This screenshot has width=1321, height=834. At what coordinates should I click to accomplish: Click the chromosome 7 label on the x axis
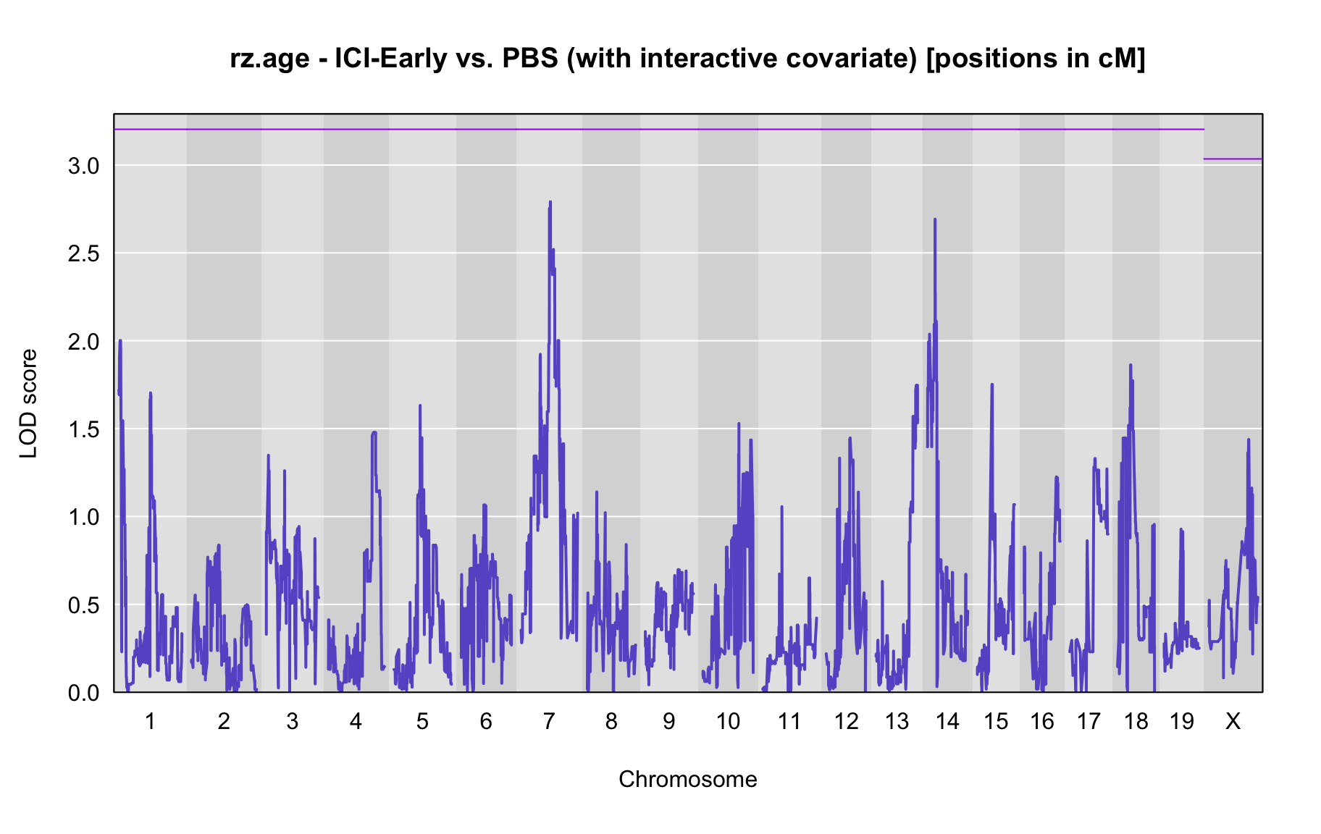(x=549, y=721)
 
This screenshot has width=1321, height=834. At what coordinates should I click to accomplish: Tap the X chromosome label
(x=1233, y=721)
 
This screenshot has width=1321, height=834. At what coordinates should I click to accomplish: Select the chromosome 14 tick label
(x=947, y=721)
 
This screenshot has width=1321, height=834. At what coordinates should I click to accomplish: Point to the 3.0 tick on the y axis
(x=83, y=166)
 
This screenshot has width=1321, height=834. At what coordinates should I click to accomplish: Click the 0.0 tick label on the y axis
(x=83, y=693)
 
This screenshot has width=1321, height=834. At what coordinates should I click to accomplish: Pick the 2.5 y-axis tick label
(x=83, y=253)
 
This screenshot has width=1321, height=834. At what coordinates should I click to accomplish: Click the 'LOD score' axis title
(x=29, y=403)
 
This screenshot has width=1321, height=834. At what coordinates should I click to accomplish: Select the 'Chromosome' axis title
(x=688, y=780)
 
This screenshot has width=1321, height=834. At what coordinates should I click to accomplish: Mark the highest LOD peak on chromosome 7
(x=550, y=202)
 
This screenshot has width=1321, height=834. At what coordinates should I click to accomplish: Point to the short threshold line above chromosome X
(x=1233, y=159)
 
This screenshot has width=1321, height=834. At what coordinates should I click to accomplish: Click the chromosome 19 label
(x=1181, y=721)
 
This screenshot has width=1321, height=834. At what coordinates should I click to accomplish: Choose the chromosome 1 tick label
(x=150, y=721)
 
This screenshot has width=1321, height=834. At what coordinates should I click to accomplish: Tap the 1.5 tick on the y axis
(x=83, y=429)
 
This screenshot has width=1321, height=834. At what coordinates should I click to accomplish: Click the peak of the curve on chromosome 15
(x=992, y=384)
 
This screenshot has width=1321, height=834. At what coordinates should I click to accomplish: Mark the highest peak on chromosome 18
(x=1130, y=365)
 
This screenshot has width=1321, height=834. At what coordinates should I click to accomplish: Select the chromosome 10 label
(x=728, y=721)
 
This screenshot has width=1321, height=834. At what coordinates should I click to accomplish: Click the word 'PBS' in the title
(x=531, y=59)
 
